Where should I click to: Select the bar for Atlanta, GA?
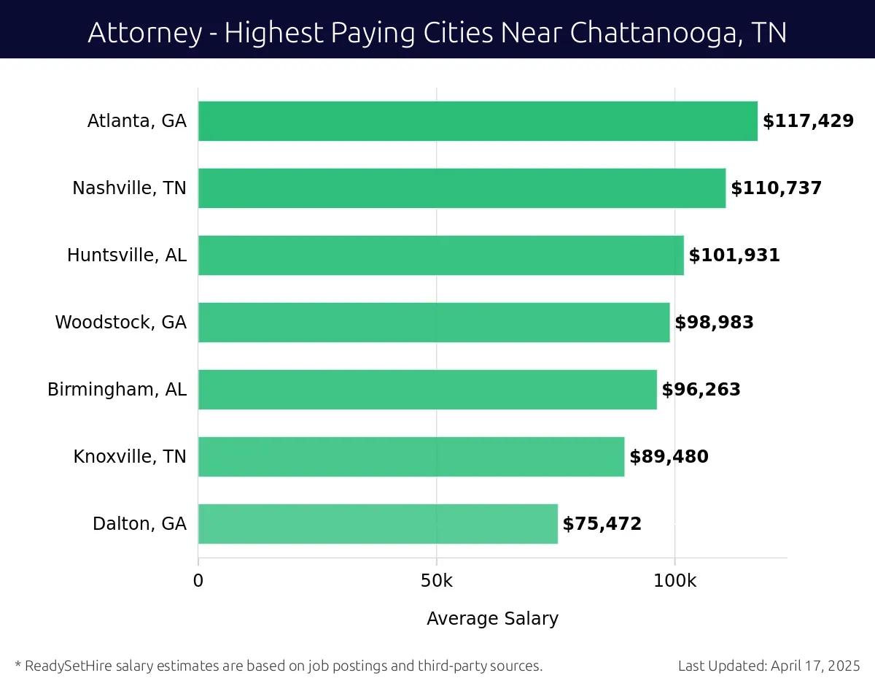coord(478,121)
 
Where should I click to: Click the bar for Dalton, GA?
coord(378,524)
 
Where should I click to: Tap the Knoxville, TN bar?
coord(411,457)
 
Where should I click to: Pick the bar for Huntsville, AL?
coord(440,255)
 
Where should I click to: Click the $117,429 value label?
coord(808,121)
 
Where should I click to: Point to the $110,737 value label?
coord(776,188)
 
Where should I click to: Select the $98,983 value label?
coord(714,323)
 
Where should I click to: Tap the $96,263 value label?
coord(701,390)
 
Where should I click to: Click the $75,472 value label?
coord(602,524)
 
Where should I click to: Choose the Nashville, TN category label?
coord(129,188)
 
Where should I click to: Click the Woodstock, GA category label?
coord(120,323)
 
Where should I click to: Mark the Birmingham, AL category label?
coord(117,390)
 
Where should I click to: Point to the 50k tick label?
coord(436,582)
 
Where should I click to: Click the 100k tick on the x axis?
coord(674,582)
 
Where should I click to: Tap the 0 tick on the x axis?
coord(198,582)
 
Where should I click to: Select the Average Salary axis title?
coord(492,619)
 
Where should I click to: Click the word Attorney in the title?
coord(143,33)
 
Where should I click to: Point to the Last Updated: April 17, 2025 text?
coord(769,666)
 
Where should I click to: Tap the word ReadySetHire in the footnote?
coord(65,666)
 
